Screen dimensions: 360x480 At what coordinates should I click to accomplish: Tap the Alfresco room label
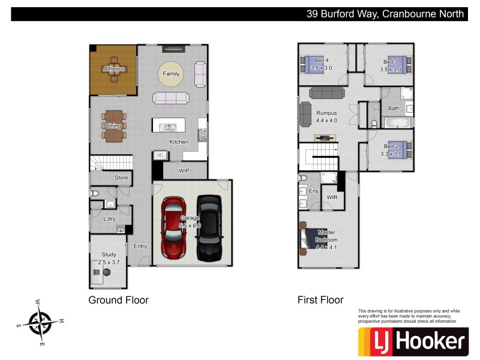pyautogui.click(x=113, y=69)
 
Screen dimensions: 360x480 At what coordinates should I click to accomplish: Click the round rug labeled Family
pyautogui.click(x=172, y=74)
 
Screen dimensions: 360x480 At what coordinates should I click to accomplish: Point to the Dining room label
pyautogui.click(x=113, y=126)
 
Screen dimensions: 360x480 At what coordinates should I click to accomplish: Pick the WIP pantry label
pyautogui.click(x=184, y=170)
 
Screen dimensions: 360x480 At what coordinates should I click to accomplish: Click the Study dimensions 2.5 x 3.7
pyautogui.click(x=109, y=262)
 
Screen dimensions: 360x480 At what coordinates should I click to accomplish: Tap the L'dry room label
pyautogui.click(x=109, y=219)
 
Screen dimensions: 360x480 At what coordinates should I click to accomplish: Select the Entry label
pyautogui.click(x=140, y=246)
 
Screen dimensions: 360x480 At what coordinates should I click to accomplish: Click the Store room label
pyautogui.click(x=122, y=178)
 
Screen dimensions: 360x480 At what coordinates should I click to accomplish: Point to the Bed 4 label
pyautogui.click(x=322, y=61)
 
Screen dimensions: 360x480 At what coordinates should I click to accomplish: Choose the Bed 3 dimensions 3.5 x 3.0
pyautogui.click(x=391, y=70)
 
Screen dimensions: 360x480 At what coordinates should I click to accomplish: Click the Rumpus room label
pyautogui.click(x=327, y=113)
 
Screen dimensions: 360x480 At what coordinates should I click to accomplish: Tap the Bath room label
pyautogui.click(x=394, y=109)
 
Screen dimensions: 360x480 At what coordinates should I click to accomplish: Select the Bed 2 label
pyautogui.click(x=391, y=146)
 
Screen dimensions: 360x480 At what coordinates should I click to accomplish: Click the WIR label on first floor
pyautogui.click(x=332, y=197)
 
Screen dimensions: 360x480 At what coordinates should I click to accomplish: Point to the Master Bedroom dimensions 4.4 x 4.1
pyautogui.click(x=327, y=247)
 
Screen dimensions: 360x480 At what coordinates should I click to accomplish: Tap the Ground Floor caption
pyautogui.click(x=118, y=300)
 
